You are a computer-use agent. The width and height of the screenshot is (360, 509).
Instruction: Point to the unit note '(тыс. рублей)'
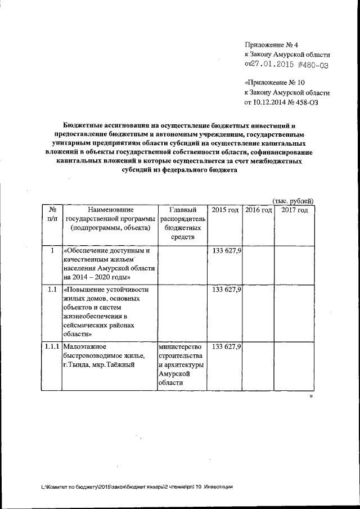[292, 201]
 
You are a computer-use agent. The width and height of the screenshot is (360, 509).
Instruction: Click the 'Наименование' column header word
[110, 210]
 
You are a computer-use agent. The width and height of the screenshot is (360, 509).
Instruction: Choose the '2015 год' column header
[224, 210]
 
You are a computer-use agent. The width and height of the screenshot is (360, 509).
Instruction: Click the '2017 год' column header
[294, 210]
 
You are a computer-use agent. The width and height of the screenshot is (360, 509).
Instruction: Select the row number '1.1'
[52, 290]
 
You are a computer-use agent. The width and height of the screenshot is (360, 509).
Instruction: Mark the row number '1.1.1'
[52, 346]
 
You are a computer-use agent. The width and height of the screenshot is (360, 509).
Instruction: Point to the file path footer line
[137, 487]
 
